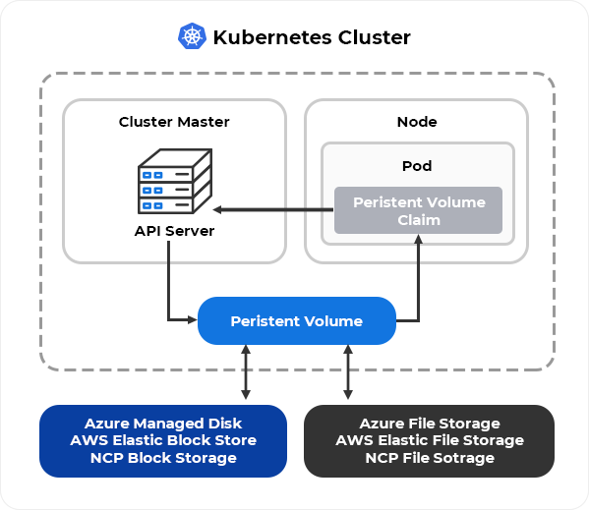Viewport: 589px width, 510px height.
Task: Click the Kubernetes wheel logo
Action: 192,36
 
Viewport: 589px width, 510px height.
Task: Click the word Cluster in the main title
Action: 374,37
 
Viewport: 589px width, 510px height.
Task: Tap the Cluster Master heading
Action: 174,122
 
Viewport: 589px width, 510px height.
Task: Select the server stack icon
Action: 175,181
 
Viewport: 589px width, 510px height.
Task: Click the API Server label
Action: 174,231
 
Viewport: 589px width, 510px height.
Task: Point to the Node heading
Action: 417,122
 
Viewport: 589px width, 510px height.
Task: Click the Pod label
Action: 417,166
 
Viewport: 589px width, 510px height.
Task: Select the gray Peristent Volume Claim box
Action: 419,210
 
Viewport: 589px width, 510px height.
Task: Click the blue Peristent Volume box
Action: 297,321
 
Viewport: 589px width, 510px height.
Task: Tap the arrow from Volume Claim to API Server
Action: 273,209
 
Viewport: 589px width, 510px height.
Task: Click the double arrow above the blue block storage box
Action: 246,372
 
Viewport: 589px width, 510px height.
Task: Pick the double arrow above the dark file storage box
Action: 348,372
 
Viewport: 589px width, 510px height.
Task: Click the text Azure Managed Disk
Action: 163,424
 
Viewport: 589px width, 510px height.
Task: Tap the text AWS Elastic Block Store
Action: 163,440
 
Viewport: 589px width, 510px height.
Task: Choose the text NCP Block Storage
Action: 163,458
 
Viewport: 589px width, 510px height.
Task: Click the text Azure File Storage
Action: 430,424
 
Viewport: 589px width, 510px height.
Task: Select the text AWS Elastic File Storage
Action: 430,440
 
